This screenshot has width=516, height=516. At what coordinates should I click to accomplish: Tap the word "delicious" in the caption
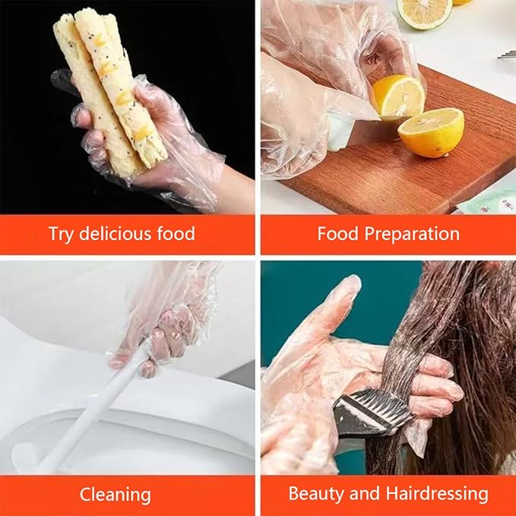[x=112, y=233]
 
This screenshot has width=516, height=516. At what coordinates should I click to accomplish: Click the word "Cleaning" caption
[x=116, y=494]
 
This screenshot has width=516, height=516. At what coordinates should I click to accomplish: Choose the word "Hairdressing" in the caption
[x=436, y=494]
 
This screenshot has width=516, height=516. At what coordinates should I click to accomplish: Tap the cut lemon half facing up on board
[x=431, y=131]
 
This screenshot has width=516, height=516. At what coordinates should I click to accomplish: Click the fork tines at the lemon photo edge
[x=505, y=54]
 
